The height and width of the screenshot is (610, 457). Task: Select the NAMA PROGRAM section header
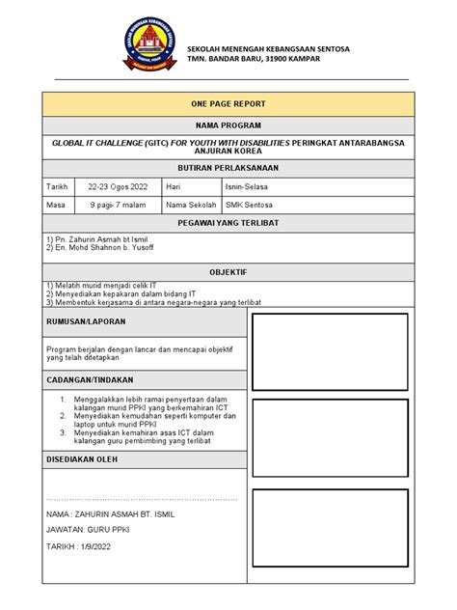[x=228, y=125]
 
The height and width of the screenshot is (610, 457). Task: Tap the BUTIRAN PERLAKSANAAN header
[x=228, y=167]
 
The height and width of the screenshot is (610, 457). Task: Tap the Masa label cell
[x=56, y=205]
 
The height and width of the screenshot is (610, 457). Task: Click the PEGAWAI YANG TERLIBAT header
[x=228, y=223]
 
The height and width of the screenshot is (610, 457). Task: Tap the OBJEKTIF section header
[x=228, y=273]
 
